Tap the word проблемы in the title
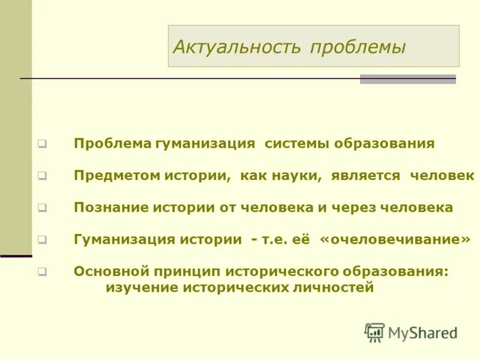[358, 47]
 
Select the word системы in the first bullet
[296, 144]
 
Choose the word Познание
[110, 208]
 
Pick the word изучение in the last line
[140, 287]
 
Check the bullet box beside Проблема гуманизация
[42, 145]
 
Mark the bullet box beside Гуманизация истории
[42, 240]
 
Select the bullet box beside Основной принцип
[42, 272]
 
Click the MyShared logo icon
[374, 332]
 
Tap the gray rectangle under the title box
[407, 79]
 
